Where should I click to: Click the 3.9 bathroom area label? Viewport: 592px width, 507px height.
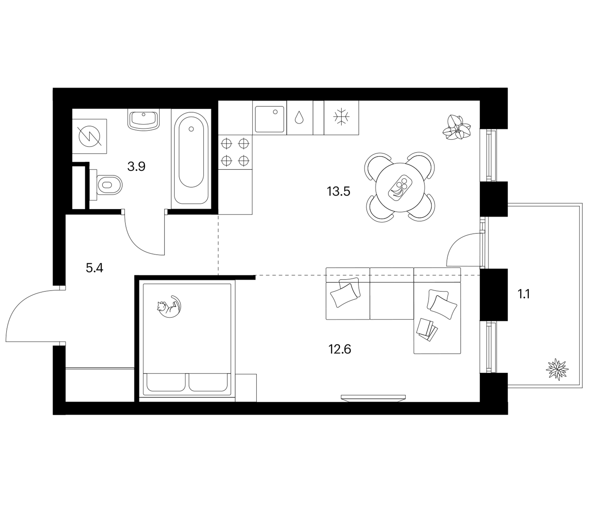click(136, 166)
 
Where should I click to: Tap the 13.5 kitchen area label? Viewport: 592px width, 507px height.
click(339, 191)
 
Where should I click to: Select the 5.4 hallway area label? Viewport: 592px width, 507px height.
click(94, 268)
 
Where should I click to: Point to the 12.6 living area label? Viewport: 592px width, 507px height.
click(340, 349)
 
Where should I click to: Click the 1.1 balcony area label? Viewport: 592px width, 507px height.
click(524, 294)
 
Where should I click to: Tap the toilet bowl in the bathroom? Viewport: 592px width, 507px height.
click(106, 185)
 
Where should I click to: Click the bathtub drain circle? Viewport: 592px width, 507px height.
click(191, 129)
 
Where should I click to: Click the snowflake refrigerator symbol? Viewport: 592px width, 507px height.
click(341, 117)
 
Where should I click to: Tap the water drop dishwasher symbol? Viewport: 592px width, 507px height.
click(299, 117)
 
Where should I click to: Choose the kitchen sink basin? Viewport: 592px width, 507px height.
click(270, 119)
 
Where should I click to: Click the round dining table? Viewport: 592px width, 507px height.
click(400, 187)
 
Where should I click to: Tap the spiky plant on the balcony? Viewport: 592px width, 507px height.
click(557, 369)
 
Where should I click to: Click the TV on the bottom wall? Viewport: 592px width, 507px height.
click(374, 398)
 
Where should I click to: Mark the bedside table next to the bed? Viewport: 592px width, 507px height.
click(246, 388)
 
